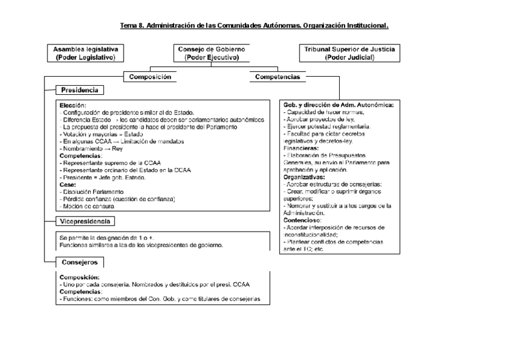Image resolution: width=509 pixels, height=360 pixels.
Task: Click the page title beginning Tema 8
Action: [254, 26]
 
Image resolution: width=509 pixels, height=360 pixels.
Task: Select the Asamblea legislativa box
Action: [86, 53]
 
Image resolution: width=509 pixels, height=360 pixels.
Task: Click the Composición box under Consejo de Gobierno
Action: [150, 77]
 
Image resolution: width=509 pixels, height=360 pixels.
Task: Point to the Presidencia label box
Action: [80, 90]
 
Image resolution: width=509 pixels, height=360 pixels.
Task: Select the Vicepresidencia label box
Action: [85, 221]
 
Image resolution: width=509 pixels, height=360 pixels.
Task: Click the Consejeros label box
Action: [80, 262]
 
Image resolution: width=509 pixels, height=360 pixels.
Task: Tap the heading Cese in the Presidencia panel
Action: [68, 184]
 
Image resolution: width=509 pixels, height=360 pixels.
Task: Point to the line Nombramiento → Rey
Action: [92, 148]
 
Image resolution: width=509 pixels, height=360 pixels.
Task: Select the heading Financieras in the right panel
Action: [301, 147]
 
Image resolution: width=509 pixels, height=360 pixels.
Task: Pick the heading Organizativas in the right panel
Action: [304, 177]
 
